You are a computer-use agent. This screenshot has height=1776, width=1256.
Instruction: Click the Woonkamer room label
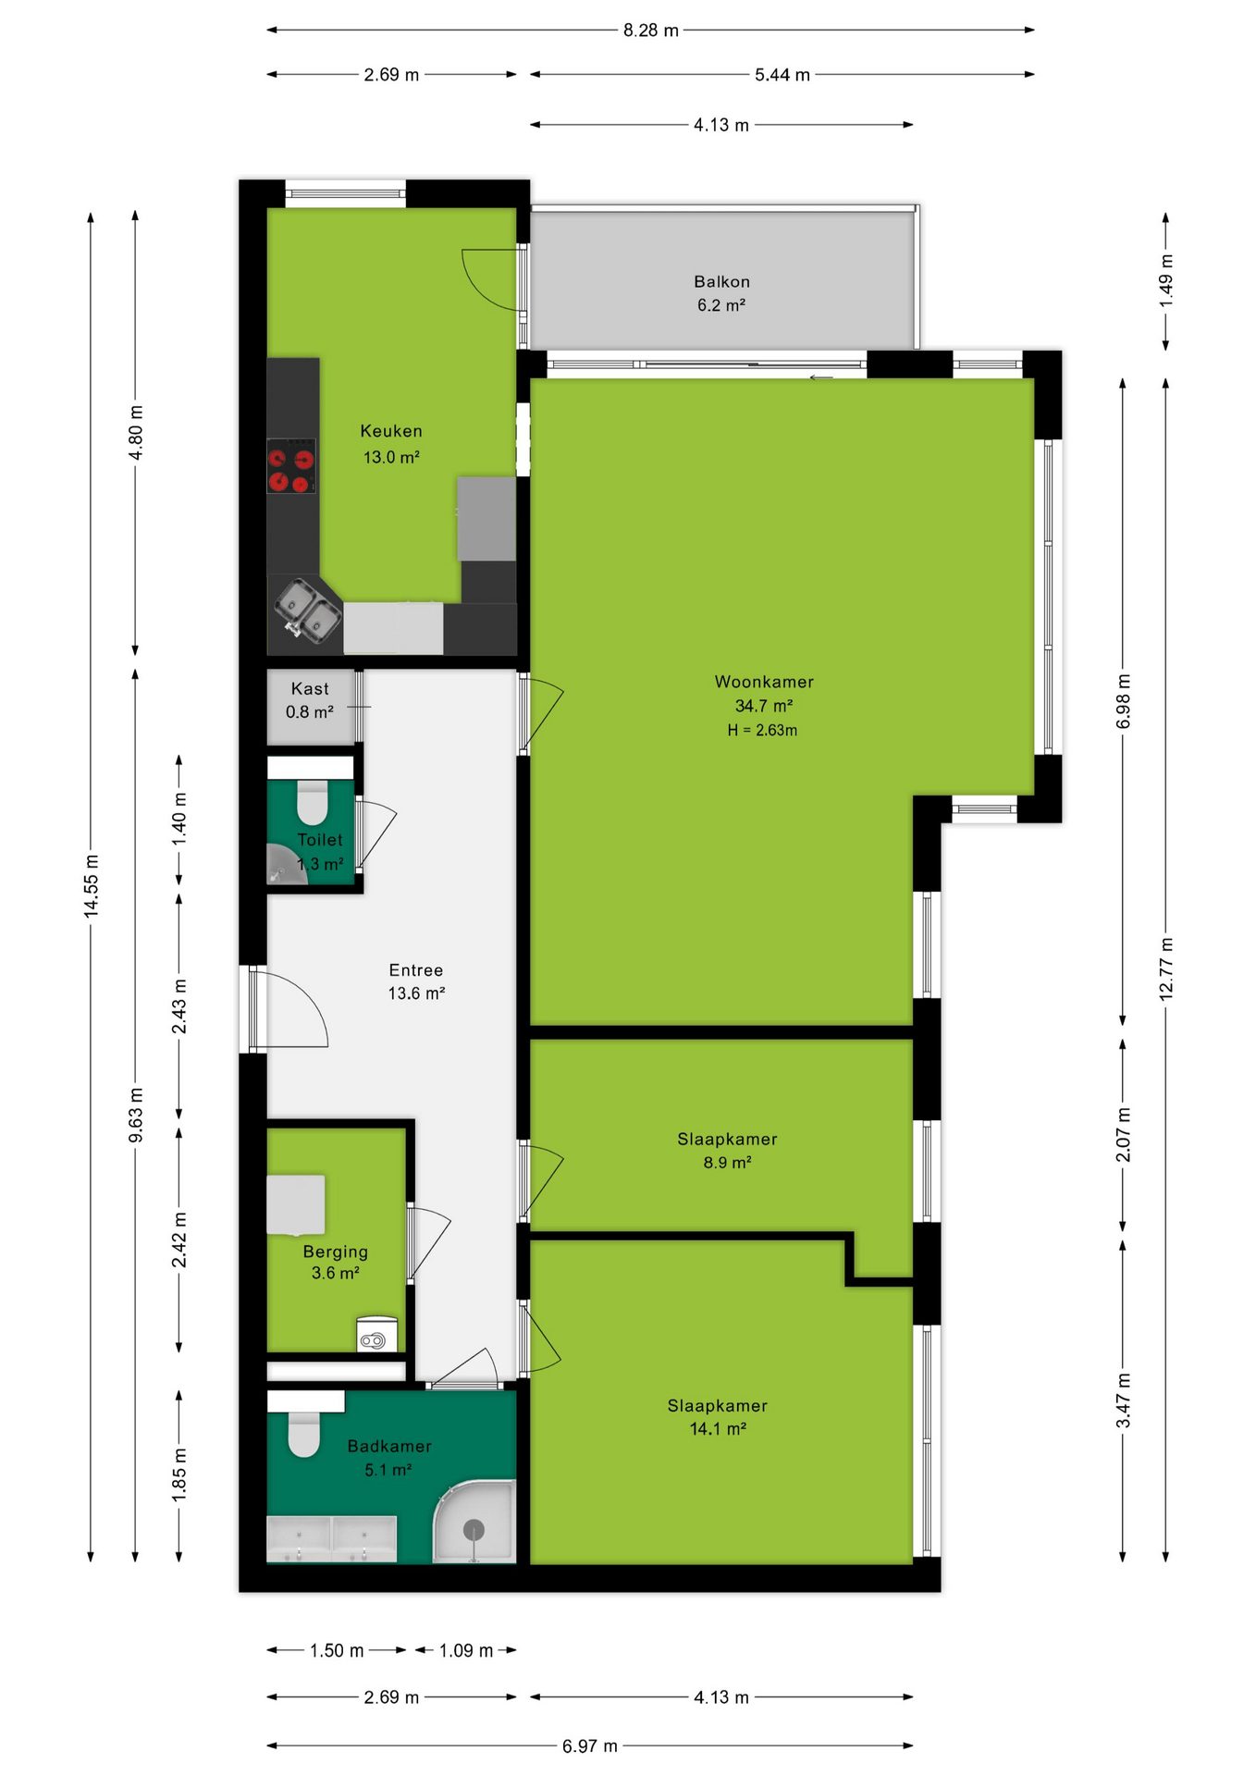[764, 682]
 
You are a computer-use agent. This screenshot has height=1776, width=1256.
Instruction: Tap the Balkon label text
[721, 281]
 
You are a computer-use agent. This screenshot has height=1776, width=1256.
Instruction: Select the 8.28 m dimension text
[651, 31]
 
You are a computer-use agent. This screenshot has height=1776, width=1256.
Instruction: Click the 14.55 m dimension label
[91, 887]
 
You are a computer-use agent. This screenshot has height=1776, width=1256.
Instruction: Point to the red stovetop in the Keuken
[291, 465]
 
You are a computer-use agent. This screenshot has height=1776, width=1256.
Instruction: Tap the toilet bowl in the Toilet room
[313, 802]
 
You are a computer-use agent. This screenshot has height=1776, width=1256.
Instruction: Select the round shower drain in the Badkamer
[474, 1530]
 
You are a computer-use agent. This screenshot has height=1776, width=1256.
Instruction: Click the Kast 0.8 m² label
[310, 700]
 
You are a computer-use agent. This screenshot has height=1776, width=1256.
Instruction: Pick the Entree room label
[416, 970]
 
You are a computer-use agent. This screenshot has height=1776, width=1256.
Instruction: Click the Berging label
[336, 1252]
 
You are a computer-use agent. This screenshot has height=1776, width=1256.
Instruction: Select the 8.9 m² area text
[727, 1163]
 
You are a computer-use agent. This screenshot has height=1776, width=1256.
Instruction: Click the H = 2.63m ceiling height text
[762, 730]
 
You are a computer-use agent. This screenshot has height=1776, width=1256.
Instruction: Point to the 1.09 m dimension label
[466, 1650]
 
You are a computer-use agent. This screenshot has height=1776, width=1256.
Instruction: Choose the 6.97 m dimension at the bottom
[590, 1745]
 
